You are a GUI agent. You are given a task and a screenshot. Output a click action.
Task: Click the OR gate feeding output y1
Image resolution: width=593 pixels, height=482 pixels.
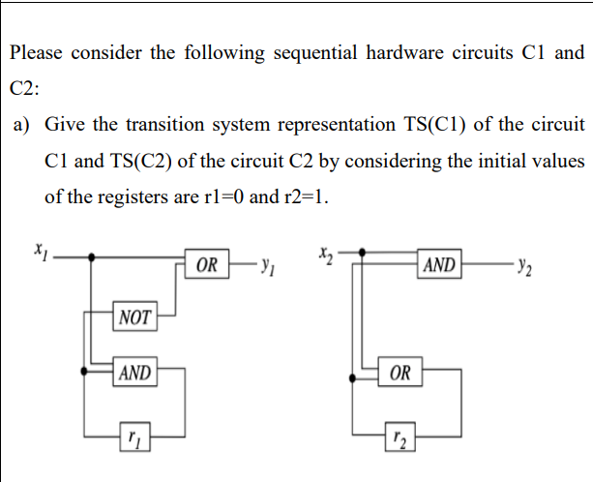pos(206,262)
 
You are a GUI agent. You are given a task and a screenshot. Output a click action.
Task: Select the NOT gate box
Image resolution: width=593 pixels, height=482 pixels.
pos(135,316)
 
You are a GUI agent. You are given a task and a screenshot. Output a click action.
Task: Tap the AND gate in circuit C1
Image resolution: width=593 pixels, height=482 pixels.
pos(135,373)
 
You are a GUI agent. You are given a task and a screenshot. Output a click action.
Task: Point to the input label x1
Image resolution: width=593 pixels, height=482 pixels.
pos(41,251)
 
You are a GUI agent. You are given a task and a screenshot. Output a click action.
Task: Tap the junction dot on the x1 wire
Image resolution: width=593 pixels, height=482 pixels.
pos(92,257)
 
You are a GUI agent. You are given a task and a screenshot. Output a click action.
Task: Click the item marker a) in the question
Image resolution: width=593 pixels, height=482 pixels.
pos(24,124)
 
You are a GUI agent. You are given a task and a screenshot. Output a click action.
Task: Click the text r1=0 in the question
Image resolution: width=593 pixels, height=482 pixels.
pos(222,196)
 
